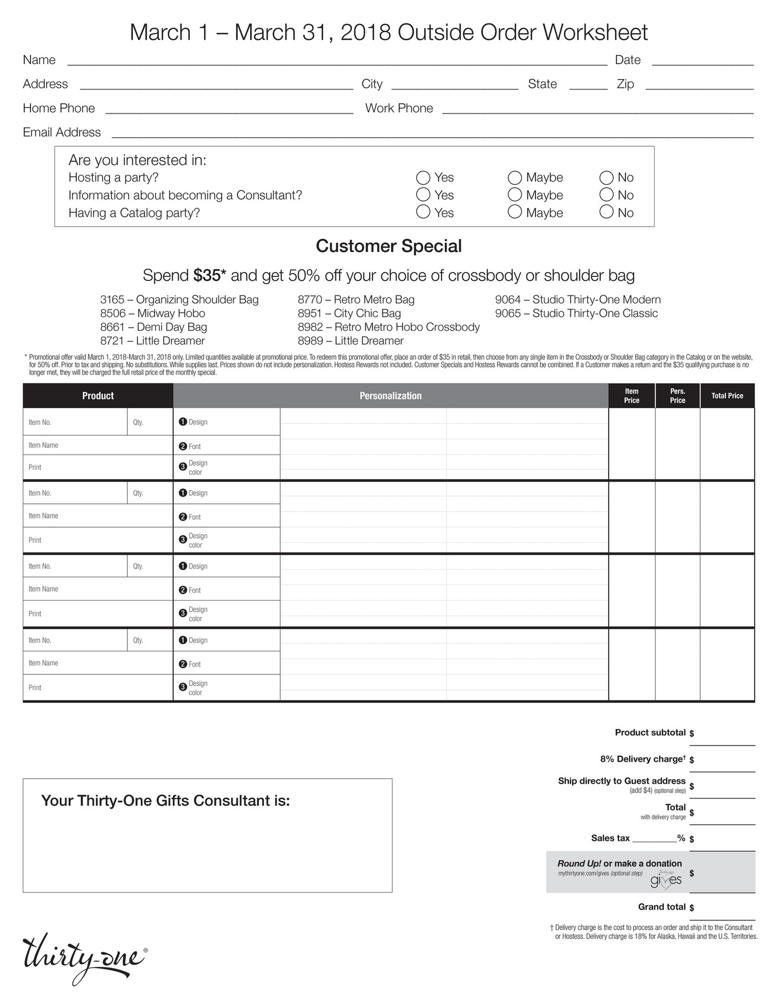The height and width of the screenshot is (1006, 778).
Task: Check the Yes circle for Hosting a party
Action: [423, 178]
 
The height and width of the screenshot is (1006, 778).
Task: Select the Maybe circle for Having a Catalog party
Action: [515, 212]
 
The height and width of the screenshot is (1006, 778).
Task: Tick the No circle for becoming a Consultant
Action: [606, 195]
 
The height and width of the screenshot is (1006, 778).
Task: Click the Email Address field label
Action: [61, 132]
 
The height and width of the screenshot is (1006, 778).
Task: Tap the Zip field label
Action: [625, 84]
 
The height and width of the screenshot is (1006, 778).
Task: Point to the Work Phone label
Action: [399, 108]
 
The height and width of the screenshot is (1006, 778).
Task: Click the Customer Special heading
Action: [388, 246]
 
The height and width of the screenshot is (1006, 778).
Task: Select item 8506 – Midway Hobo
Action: [152, 314]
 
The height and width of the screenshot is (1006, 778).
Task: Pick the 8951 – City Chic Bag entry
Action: [349, 314]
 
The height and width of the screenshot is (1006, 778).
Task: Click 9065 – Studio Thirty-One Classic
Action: [576, 314]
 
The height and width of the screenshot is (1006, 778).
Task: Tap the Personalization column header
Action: [390, 396]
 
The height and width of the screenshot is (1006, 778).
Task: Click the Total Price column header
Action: [727, 396]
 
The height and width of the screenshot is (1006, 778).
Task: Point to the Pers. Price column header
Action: [677, 396]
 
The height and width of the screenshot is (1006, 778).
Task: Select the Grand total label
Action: [661, 907]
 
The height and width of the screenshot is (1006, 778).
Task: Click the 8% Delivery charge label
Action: [642, 759]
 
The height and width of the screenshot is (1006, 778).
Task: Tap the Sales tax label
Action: [610, 838]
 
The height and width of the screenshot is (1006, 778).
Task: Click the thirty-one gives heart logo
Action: [666, 880]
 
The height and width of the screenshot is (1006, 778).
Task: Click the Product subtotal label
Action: [650, 733]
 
